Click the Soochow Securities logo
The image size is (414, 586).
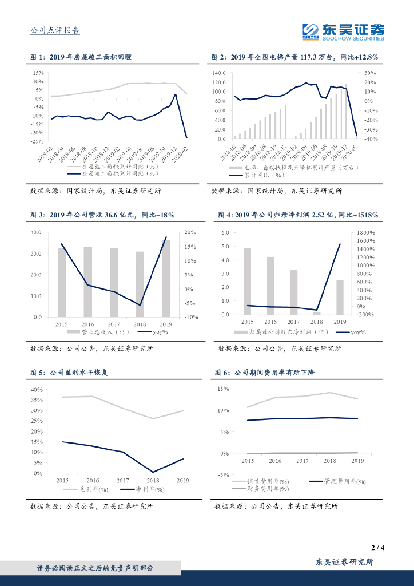pyautogui.click(x=343, y=31)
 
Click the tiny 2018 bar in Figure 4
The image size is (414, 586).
pyautogui.click(x=316, y=313)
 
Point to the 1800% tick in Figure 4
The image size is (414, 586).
pyautogui.click(x=365, y=233)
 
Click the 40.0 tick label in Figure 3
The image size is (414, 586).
pyautogui.click(x=36, y=232)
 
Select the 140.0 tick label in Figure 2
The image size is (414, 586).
pyautogui.click(x=219, y=73)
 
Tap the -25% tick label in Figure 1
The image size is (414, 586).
pyautogui.click(x=38, y=141)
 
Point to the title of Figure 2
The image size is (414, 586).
pyautogui.click(x=295, y=57)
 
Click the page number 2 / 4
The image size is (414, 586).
pyautogui.click(x=377, y=548)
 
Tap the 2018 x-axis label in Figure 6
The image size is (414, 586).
pyautogui.click(x=330, y=460)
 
